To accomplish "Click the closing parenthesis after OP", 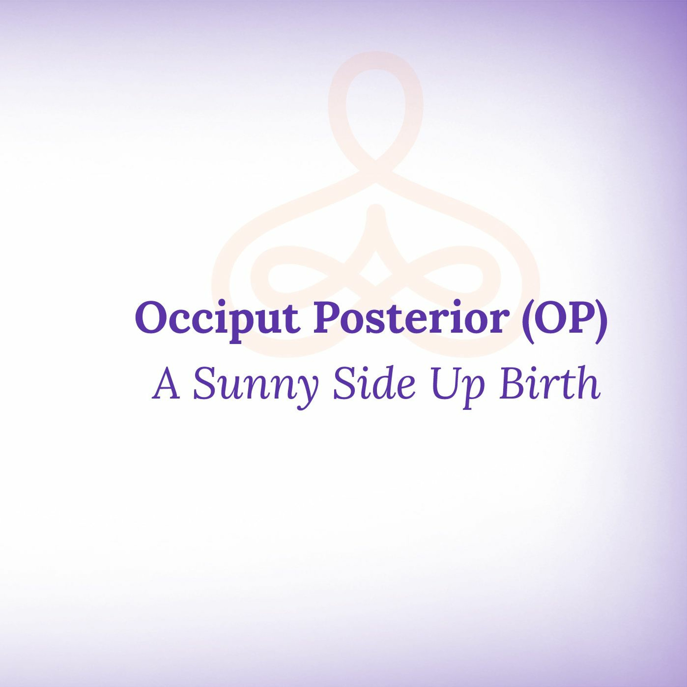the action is [600, 320].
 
